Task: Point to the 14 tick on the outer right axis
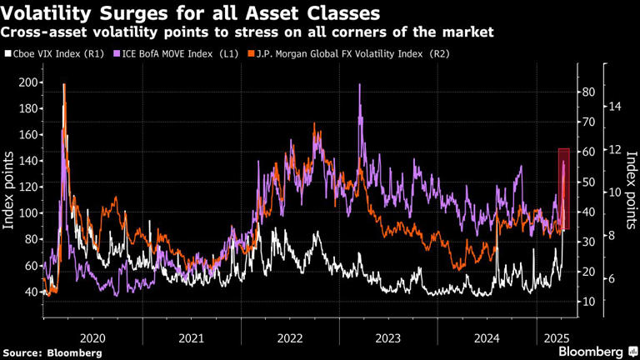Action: pyautogui.click(x=616, y=107)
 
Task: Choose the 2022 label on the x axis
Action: pyautogui.click(x=290, y=338)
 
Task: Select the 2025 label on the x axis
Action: pyautogui.click(x=552, y=338)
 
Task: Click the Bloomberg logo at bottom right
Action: pyautogui.click(x=594, y=351)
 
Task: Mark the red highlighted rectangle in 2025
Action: pyautogui.click(x=564, y=188)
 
